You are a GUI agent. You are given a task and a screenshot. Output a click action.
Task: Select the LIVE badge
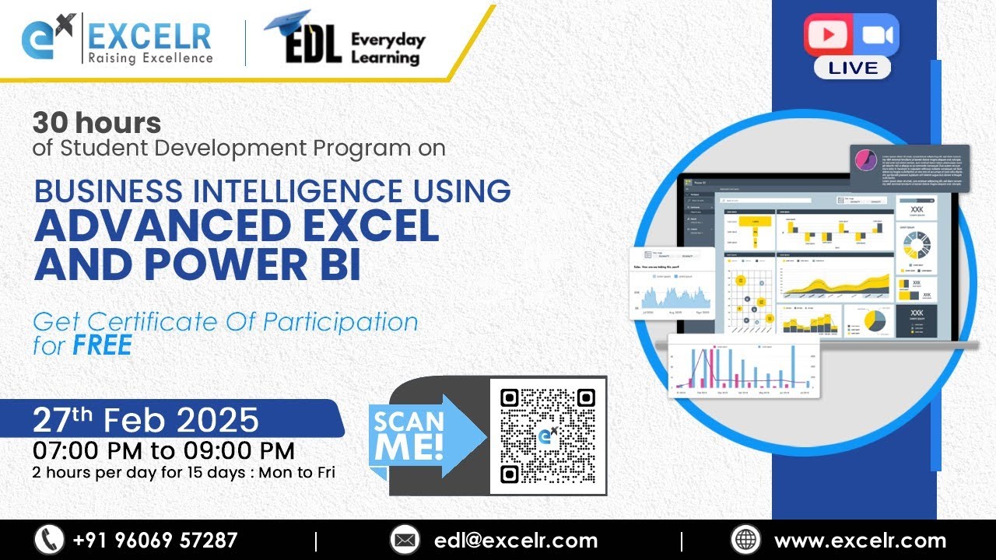click(852, 68)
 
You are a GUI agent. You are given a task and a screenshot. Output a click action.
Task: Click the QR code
click(548, 436)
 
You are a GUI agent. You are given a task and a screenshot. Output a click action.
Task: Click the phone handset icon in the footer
click(49, 540)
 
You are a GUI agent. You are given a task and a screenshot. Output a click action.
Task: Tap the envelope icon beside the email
click(405, 540)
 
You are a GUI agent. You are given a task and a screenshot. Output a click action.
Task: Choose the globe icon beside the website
click(745, 540)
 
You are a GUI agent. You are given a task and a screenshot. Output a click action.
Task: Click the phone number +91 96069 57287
click(155, 541)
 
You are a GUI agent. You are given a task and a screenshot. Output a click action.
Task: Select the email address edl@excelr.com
click(517, 541)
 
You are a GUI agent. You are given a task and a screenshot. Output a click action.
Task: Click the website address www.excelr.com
click(860, 541)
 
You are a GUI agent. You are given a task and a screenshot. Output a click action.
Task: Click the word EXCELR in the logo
click(149, 36)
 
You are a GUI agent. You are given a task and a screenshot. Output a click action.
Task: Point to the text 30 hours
click(96, 123)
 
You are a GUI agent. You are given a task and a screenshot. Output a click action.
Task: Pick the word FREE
click(102, 345)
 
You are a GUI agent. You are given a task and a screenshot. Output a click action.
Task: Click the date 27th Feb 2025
click(146, 420)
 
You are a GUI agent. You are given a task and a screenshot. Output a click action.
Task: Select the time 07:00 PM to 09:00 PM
click(163, 450)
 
